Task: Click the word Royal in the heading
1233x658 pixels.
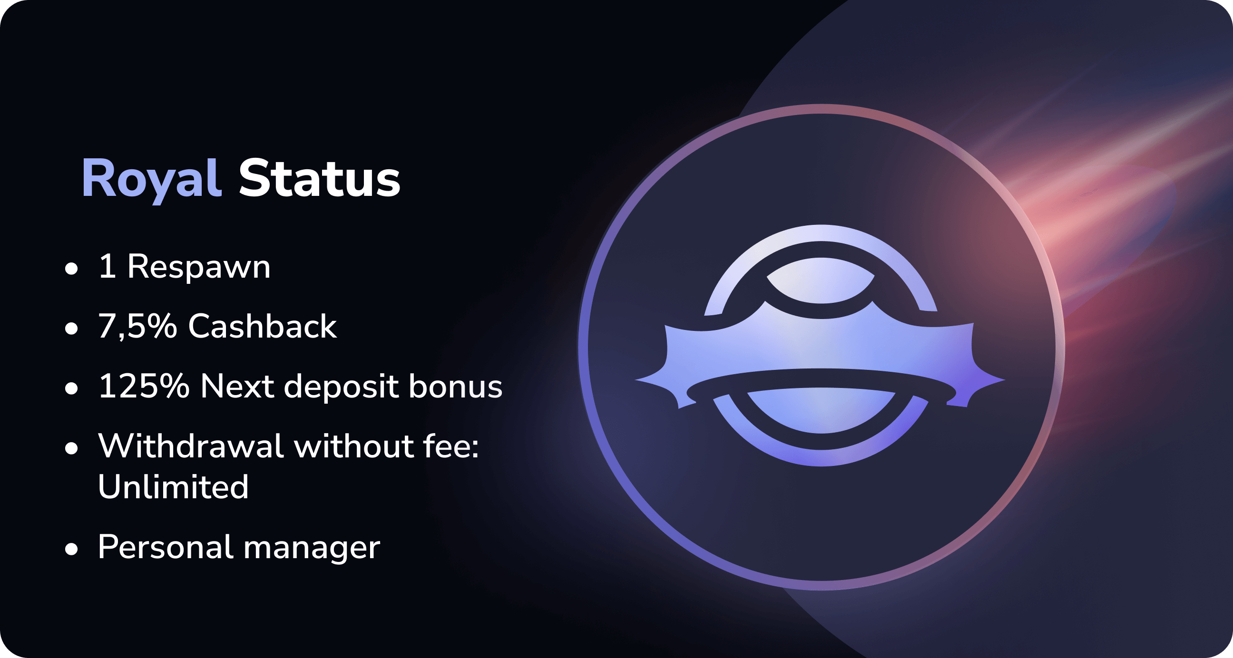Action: point(152,180)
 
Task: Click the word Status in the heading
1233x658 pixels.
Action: point(319,178)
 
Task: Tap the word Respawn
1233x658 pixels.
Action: point(199,268)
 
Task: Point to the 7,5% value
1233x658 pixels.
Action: point(137,326)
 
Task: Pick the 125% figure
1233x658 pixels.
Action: point(144,386)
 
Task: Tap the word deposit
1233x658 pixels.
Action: point(341,386)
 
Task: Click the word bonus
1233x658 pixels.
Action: point(455,385)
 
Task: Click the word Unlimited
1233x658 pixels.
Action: point(173,486)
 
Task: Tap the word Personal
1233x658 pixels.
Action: point(166,546)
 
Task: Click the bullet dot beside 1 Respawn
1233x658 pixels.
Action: point(71,269)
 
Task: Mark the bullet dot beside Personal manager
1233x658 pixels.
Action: point(71,549)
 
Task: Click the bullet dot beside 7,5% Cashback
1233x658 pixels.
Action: point(71,328)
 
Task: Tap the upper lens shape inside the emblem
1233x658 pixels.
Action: point(821,281)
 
